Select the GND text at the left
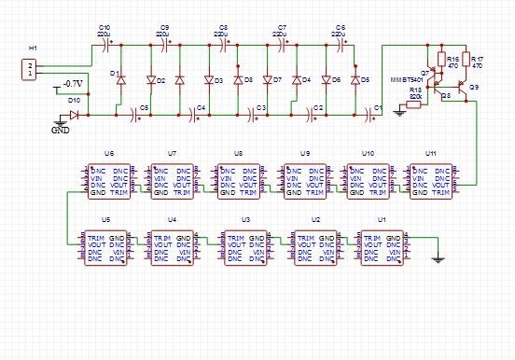tap(60, 130)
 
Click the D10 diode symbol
tap(73, 116)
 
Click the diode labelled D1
tap(120, 80)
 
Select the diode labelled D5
tap(355, 80)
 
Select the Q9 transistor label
tap(473, 87)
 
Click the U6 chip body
tap(110, 181)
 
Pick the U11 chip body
tap(431, 181)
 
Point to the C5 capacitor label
tap(145, 108)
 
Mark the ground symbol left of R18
tap(399, 110)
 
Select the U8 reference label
tap(239, 152)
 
